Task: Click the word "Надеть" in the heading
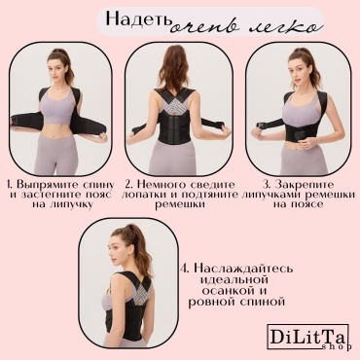point(138,19)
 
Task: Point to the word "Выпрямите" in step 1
point(48,185)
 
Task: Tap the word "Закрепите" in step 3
point(304,185)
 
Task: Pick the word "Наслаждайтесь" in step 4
point(243,269)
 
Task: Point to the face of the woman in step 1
point(56,67)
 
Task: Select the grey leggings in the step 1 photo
point(57,155)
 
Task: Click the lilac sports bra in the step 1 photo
point(57,104)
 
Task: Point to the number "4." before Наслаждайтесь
point(185,270)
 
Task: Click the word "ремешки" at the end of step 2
point(180,204)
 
